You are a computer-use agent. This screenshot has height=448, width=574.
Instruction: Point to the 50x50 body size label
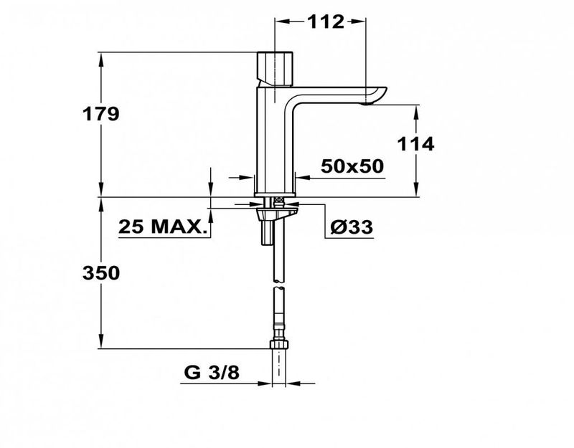click(x=352, y=166)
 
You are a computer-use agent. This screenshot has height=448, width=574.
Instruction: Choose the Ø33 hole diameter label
click(x=351, y=228)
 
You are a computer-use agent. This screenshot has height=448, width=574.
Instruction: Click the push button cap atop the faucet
click(x=277, y=67)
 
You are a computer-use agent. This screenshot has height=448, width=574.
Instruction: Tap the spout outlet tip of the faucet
click(x=370, y=103)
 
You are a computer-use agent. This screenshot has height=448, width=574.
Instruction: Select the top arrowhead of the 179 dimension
click(x=101, y=56)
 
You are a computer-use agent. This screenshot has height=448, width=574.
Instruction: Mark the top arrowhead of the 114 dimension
click(x=417, y=109)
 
